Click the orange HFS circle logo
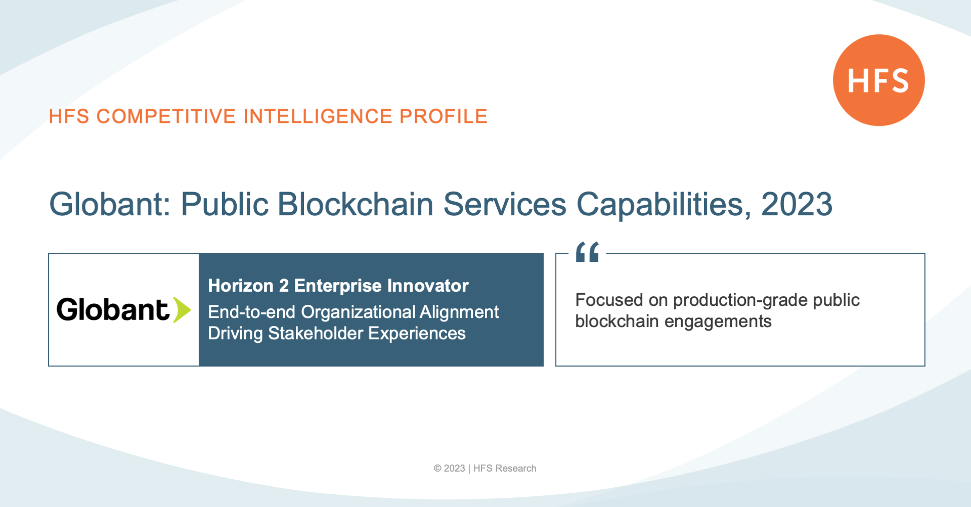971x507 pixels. click(879, 80)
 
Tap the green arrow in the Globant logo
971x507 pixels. click(182, 310)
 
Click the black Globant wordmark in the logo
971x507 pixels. click(112, 309)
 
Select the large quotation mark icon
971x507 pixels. click(587, 252)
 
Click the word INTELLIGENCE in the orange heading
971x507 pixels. click(318, 116)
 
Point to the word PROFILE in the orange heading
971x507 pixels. click(444, 116)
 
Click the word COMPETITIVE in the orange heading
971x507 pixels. click(166, 116)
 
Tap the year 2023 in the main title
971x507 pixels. click(797, 204)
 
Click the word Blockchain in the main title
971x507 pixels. click(356, 204)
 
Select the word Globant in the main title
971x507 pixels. click(110, 204)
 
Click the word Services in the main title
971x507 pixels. click(505, 204)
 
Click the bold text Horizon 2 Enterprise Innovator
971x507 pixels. click(338, 286)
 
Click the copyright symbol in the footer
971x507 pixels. click(437, 469)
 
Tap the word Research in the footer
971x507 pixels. click(516, 469)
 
